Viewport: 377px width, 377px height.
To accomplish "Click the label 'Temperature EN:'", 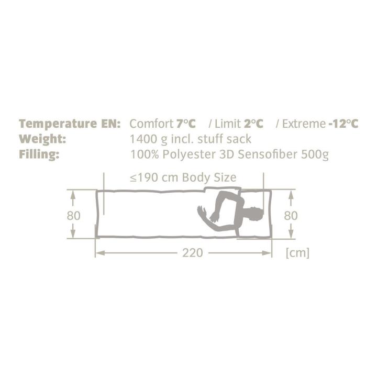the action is (x=70, y=124).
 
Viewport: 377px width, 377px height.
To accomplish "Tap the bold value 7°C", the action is (x=186, y=124).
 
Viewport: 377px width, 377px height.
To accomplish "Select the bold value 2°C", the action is (x=253, y=124).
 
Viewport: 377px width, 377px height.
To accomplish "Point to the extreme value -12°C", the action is (x=343, y=124).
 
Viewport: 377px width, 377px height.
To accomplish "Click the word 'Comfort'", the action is (x=151, y=124).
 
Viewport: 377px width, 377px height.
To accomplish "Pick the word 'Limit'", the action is (x=227, y=124).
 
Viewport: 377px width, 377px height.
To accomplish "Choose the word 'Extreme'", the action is (x=304, y=124).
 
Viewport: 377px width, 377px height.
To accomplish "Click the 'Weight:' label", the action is (x=42, y=139).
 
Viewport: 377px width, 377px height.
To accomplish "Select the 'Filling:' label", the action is (x=39, y=154).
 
